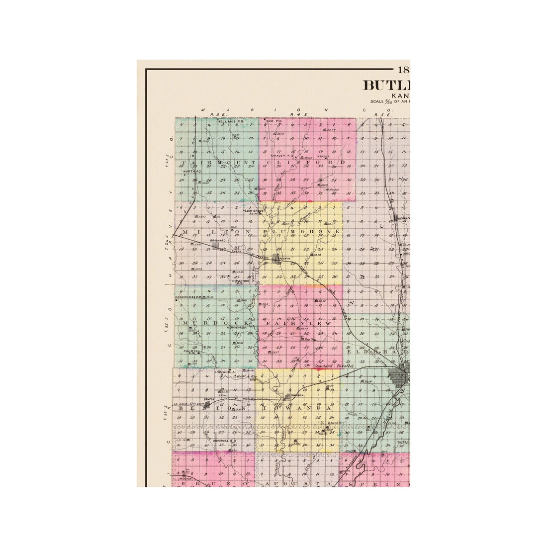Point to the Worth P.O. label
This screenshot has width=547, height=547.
[x=188, y=172]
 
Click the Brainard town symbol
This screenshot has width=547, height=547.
[x=215, y=245]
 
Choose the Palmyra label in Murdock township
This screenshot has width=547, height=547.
[x=191, y=351]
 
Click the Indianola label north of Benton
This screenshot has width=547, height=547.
[x=225, y=371]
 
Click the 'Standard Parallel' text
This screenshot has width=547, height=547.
[x=334, y=365]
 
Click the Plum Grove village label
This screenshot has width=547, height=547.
[x=253, y=211]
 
